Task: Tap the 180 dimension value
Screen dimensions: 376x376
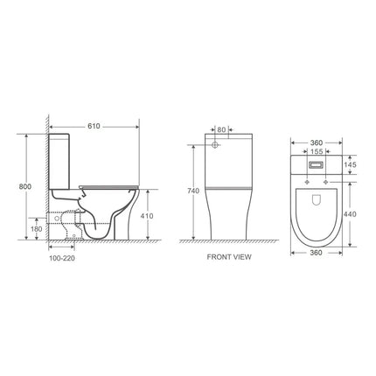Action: (35, 229)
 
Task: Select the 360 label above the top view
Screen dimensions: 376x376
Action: (316, 140)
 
